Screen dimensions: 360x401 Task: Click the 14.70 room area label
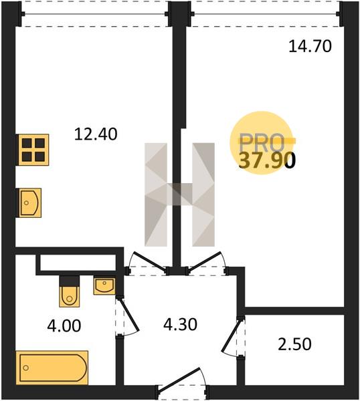310,47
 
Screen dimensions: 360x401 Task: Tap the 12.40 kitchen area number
96,134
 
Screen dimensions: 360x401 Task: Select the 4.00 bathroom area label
64,326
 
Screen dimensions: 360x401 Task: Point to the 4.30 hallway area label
180,324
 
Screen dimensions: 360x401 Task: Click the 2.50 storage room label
294,344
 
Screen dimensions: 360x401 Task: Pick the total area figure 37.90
267,161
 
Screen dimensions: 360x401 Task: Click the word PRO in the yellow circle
261,143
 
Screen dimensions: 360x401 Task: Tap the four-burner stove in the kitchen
33,150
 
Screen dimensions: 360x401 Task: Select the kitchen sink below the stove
29,203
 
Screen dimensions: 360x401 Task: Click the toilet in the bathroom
69,291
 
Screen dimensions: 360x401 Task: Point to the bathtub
52,368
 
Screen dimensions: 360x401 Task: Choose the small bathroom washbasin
104,285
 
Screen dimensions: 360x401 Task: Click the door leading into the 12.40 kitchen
149,262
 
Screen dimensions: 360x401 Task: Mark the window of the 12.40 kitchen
95,14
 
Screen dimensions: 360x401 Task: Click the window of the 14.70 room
265,14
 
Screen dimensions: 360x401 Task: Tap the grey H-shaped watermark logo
179,194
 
